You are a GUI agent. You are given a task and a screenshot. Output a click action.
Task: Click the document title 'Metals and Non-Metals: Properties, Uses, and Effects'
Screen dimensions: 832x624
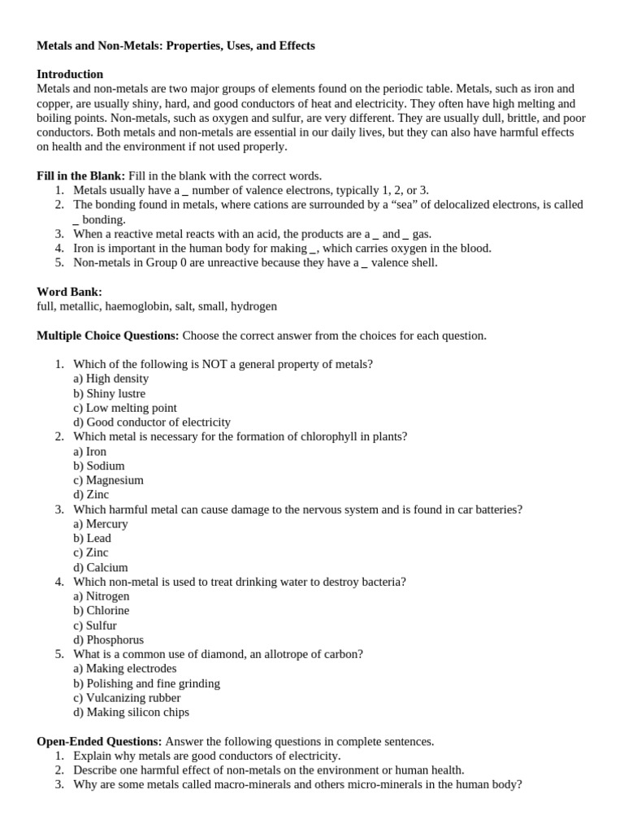click(175, 45)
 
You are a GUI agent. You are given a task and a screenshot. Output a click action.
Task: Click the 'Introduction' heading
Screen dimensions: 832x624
click(70, 74)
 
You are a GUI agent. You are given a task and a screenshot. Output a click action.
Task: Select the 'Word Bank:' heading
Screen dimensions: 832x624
click(70, 292)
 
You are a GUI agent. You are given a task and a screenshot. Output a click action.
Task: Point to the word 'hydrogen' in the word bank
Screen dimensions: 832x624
click(253, 306)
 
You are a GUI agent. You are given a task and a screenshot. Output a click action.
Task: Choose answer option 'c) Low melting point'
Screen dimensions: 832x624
click(124, 408)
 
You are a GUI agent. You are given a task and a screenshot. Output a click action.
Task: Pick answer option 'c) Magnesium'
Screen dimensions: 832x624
click(108, 480)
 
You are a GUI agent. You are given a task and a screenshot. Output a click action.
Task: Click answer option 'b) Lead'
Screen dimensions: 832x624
click(92, 538)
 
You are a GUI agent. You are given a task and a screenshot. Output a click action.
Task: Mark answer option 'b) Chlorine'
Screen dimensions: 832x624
click(101, 610)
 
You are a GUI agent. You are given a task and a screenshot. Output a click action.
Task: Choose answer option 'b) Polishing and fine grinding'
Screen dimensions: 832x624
click(146, 683)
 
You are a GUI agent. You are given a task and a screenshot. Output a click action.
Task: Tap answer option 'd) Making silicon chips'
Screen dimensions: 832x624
click(131, 713)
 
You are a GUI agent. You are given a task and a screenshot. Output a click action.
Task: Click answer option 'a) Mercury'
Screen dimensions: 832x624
click(100, 524)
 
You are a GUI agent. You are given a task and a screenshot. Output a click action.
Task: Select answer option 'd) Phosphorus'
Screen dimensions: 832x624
click(108, 639)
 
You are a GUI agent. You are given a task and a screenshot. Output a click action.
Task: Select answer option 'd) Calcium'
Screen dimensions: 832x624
click(100, 567)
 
